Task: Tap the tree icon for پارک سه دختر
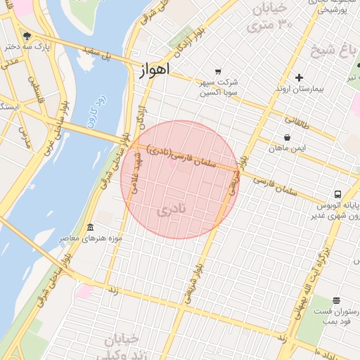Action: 27,36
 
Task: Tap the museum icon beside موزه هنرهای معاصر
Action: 90,228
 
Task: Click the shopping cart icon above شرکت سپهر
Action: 218,71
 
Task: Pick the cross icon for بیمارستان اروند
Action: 300,77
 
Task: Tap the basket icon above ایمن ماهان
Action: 287,138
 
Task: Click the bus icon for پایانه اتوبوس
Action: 338,195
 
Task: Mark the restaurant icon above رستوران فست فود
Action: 336,300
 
